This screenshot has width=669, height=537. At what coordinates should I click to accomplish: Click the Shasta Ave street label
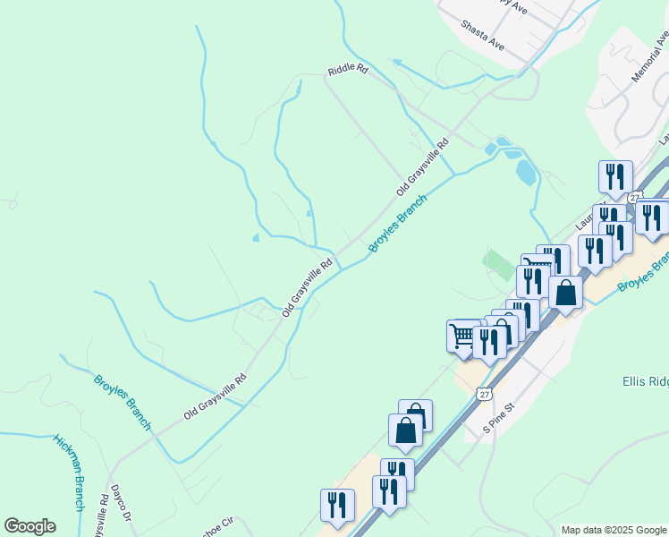483,35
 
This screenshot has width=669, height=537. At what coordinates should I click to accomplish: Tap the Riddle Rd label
348,69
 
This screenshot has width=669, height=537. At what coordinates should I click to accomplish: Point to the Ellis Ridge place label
645,382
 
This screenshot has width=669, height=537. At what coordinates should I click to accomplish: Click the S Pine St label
500,418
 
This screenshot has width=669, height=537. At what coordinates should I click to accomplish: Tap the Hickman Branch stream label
69,473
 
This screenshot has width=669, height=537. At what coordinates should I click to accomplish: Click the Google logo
30,526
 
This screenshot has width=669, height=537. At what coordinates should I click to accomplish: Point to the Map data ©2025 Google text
614,530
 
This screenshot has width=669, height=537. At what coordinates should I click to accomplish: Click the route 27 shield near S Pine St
484,394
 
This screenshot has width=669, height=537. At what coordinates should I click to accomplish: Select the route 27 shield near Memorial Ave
634,197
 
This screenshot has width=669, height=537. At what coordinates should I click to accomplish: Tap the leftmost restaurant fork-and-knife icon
337,505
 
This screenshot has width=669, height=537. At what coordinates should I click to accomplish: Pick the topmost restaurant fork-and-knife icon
614,176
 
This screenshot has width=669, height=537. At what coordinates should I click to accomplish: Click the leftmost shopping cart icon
462,336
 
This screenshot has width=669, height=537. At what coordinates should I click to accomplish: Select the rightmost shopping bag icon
565,292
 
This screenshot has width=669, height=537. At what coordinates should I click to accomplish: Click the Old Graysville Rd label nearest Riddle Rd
422,167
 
